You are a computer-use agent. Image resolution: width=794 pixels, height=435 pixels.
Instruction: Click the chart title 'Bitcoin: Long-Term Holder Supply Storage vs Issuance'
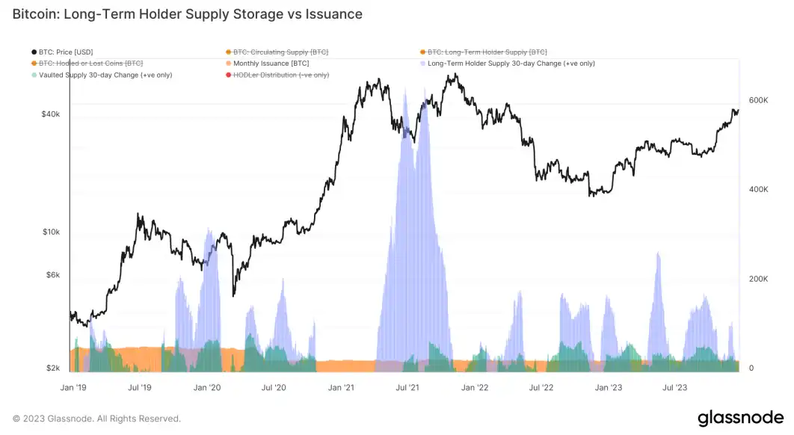click(x=187, y=14)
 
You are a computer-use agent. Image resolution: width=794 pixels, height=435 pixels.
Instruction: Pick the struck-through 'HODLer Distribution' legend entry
click(x=280, y=75)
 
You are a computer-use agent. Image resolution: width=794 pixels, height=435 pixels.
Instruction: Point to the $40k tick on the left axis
click(x=50, y=114)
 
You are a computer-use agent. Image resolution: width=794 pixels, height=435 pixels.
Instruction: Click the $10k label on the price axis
click(x=50, y=232)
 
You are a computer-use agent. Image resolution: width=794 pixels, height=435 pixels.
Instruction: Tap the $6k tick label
click(x=52, y=274)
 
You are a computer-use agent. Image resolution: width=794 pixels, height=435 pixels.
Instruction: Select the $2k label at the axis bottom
click(x=52, y=368)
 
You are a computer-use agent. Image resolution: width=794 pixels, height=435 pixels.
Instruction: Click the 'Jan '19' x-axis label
click(x=73, y=388)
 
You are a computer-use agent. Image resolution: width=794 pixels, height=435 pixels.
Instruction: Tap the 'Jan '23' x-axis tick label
click(x=608, y=388)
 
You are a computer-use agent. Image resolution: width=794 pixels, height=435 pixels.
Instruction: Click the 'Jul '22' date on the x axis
click(x=541, y=388)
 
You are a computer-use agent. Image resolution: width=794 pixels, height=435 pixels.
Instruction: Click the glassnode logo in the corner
click(x=740, y=418)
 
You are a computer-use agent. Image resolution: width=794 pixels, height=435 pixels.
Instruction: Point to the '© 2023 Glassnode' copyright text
click(x=96, y=419)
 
